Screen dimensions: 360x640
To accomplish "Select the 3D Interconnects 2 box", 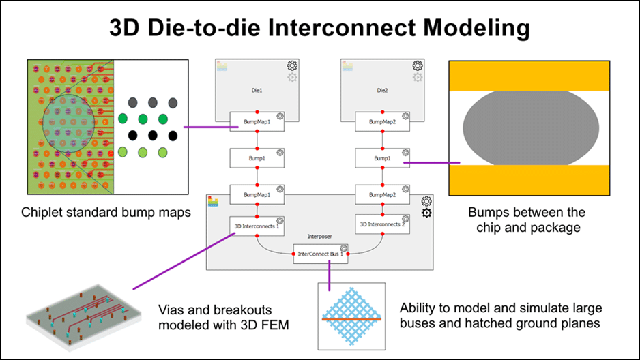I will pos(382,224).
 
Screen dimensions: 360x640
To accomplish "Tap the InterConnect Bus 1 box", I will pos(321,254).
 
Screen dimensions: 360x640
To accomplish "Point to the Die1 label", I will pos(257,89).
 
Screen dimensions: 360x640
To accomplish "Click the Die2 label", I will pos(382,89).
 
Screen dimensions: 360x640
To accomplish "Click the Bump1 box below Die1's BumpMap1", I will pos(257,158).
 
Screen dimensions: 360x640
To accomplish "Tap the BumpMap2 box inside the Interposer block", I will pos(382,194).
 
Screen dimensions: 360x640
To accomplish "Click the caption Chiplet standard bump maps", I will pos(106,212).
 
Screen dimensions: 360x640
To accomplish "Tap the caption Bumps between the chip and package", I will pos(536,220).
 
